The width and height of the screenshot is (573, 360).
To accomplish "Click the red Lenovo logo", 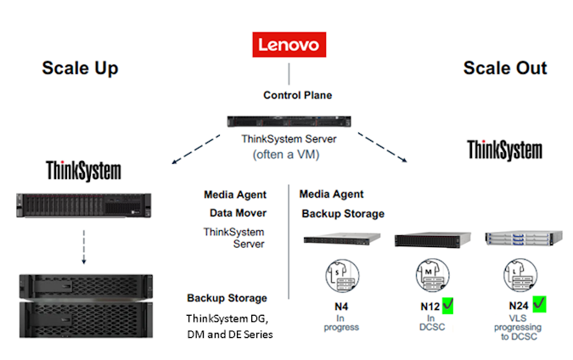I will tap(289, 44).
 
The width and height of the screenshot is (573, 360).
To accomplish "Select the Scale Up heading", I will tap(80, 68).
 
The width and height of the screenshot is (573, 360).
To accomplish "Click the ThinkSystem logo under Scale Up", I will tap(83, 170).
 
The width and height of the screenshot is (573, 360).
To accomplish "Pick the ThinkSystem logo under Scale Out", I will tap(504, 150).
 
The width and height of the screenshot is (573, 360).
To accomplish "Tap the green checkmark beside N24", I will tap(539, 302).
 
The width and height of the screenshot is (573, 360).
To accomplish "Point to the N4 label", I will tap(340, 303).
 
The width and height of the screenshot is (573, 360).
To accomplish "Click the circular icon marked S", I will tap(340, 274).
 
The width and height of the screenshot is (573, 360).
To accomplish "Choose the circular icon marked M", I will tap(428, 274).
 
